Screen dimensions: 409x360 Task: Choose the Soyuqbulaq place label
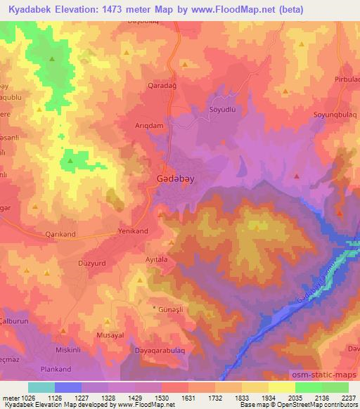point(336,114)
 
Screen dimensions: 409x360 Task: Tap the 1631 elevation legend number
point(188,398)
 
